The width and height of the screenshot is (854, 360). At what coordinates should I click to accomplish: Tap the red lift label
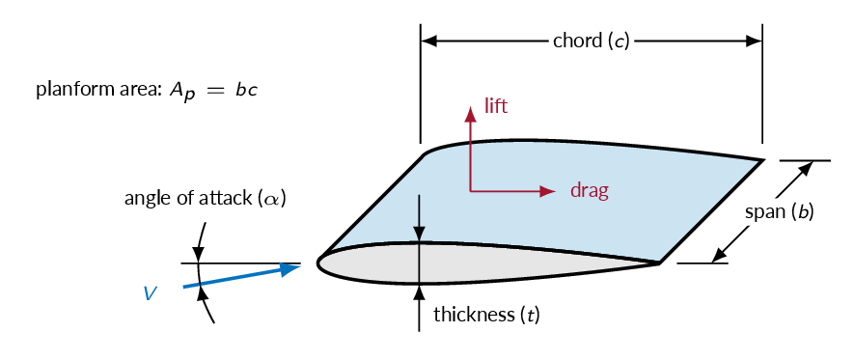tap(496, 106)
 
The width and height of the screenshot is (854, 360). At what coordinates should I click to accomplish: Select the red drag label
tap(590, 191)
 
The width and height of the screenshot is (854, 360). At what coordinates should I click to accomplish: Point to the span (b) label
tap(780, 212)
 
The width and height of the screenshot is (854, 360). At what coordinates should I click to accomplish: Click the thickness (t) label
tap(486, 315)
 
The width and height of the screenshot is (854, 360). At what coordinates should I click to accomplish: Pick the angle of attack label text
tap(206, 198)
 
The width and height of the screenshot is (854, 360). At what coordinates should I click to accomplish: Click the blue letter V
tap(151, 294)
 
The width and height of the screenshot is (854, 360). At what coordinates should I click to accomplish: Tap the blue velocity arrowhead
tap(290, 268)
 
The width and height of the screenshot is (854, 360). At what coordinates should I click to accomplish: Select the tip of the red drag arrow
tap(555, 191)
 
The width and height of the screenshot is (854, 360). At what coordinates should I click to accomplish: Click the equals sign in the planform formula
tap(213, 91)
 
